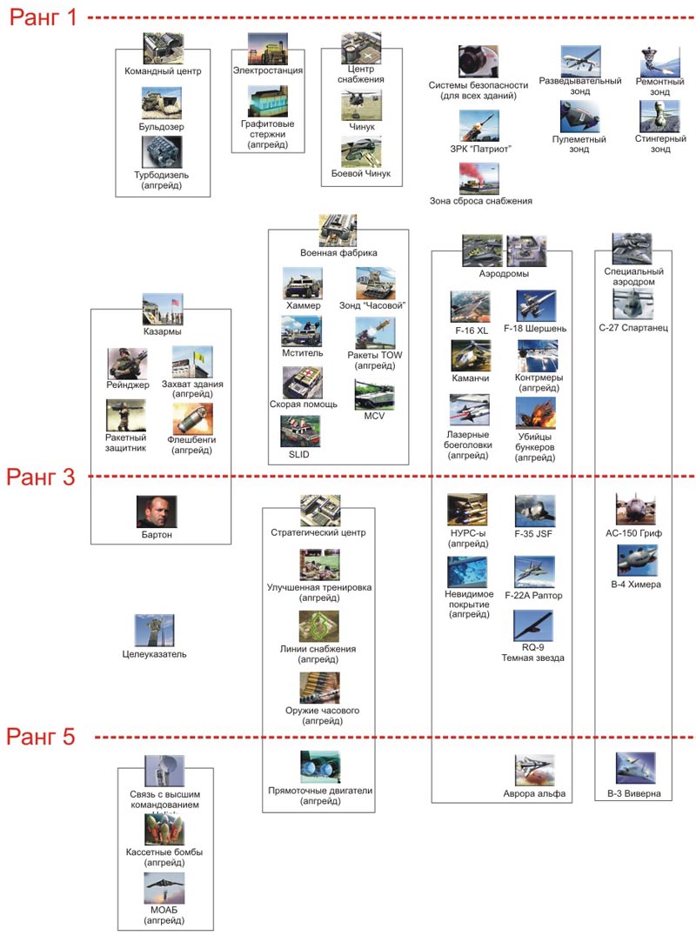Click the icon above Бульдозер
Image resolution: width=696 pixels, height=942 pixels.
coord(161,103)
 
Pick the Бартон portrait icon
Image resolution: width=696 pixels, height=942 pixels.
coord(156,511)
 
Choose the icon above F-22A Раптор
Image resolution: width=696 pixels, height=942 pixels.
coord(534,572)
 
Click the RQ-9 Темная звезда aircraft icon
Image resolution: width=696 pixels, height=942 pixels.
coord(534,626)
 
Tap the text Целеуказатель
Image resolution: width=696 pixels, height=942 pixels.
coord(155,654)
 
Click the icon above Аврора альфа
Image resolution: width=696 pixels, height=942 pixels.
coord(534,771)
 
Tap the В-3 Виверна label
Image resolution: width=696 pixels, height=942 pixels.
coord(633,793)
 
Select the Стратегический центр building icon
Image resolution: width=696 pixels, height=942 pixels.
coord(319,511)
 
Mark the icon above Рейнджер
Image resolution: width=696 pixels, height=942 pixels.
coord(128,364)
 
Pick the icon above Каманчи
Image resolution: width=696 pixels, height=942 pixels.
coord(470,357)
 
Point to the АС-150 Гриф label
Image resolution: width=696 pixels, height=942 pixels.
coord(634,534)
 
